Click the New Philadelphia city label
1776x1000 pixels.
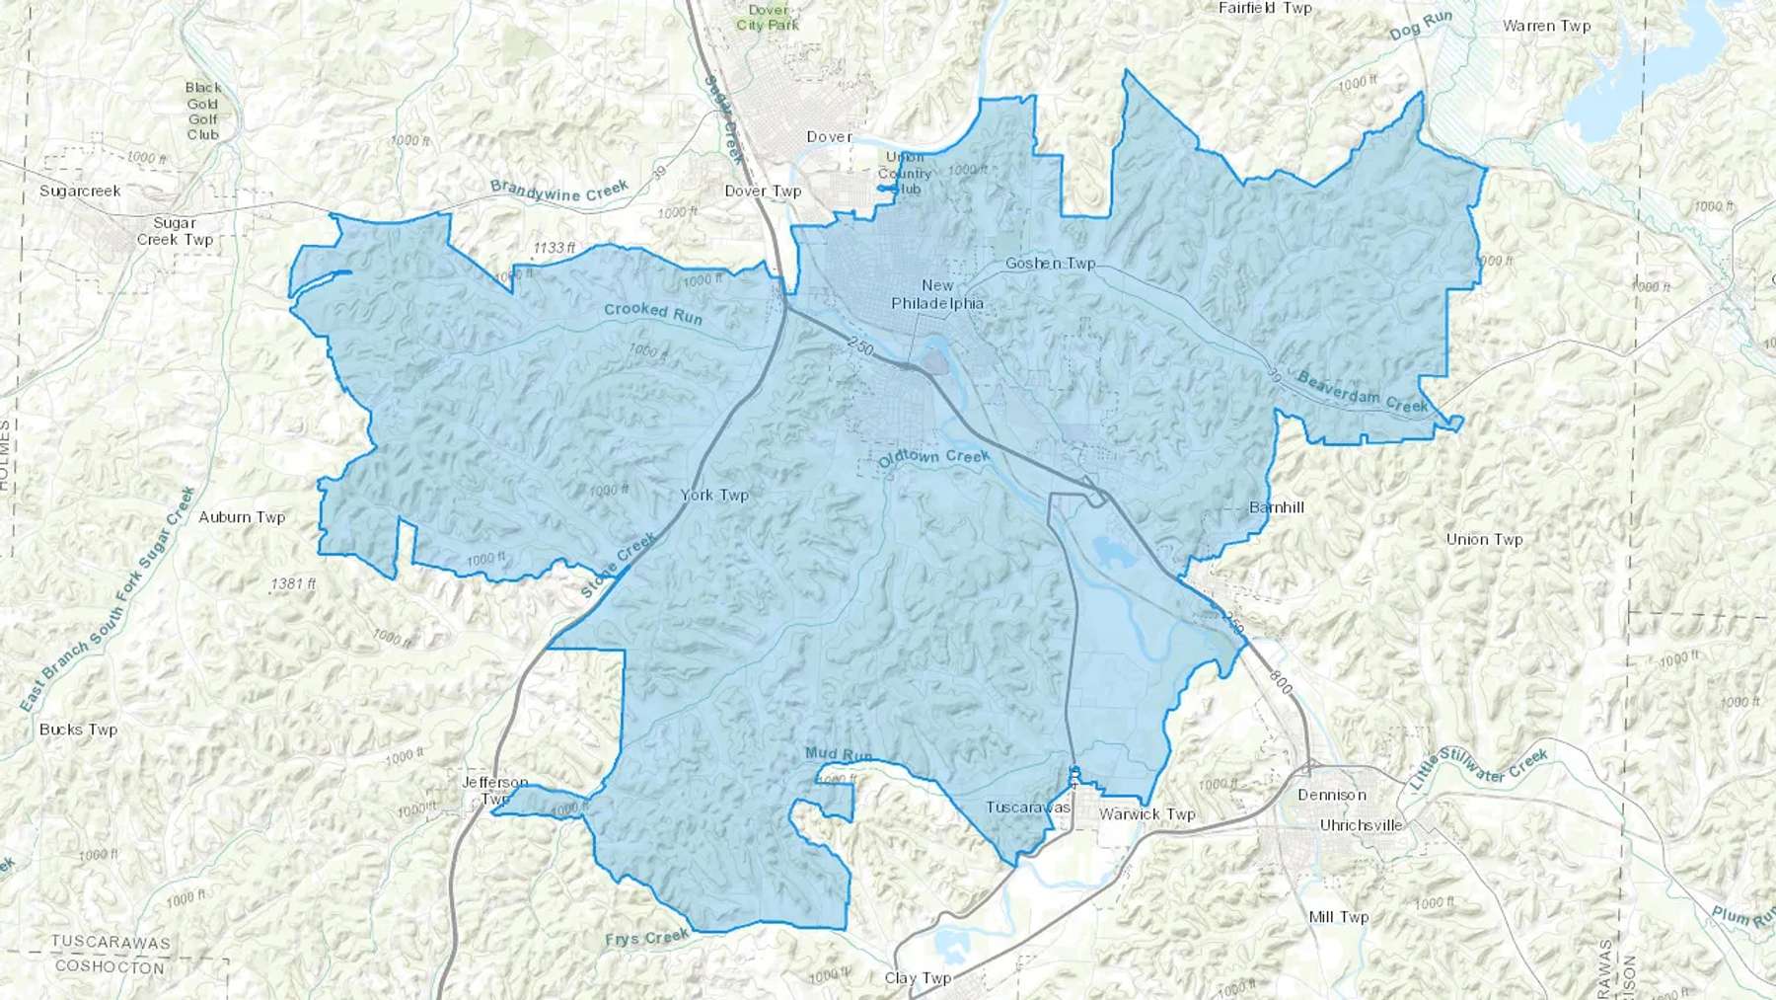(x=937, y=294)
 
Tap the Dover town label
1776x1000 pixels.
(x=829, y=137)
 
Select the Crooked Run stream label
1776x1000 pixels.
(x=653, y=313)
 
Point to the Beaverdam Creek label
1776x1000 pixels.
(x=1363, y=392)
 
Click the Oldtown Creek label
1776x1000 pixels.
(x=933, y=458)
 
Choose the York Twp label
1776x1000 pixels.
(x=714, y=495)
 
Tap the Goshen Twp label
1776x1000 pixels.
(x=1051, y=264)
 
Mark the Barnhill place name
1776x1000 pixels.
(x=1277, y=507)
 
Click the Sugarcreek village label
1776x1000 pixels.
(x=80, y=191)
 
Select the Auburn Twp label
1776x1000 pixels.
(x=242, y=517)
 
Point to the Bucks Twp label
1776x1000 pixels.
(x=78, y=730)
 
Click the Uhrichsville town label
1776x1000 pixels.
(x=1361, y=825)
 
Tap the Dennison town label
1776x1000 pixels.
(x=1332, y=795)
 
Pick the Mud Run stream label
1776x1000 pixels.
(x=839, y=754)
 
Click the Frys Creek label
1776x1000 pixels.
(x=647, y=937)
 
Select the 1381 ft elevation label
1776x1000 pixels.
(x=293, y=583)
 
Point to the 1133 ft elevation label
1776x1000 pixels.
(x=555, y=248)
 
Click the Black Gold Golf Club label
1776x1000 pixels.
(x=203, y=111)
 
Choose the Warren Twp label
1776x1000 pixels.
(x=1546, y=26)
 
